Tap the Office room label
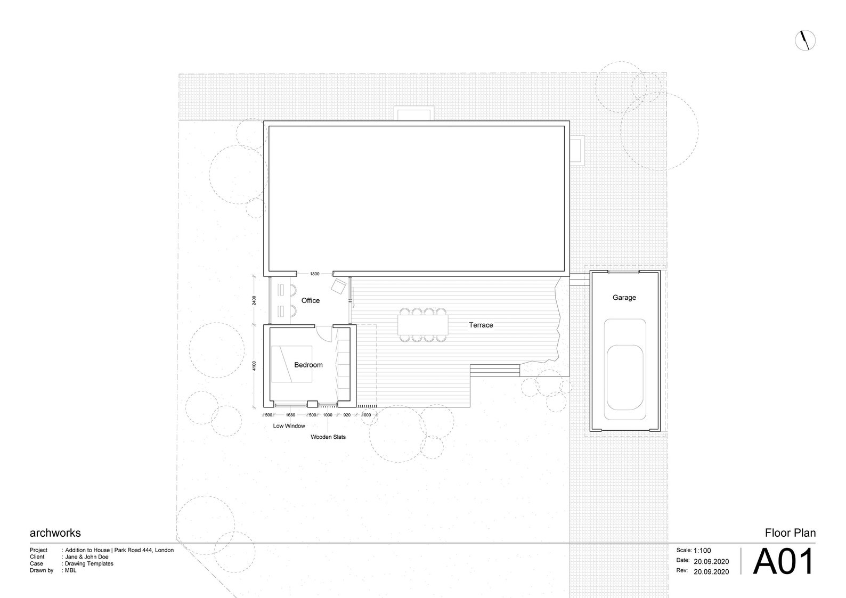point(311,300)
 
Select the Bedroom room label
point(308,365)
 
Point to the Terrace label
point(481,325)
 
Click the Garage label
point(624,298)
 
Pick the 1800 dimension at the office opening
point(315,274)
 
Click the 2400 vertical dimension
point(254,300)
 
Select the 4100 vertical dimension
point(254,366)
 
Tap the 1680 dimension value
point(290,415)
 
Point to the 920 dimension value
point(347,415)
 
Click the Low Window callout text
point(289,426)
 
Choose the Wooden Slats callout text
point(328,437)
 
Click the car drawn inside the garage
point(625,369)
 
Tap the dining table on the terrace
point(423,325)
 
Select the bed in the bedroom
point(291,364)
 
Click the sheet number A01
point(783,562)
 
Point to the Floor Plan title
point(790,533)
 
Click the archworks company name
point(55,533)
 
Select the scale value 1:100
point(702,551)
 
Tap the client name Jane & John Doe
point(87,557)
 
